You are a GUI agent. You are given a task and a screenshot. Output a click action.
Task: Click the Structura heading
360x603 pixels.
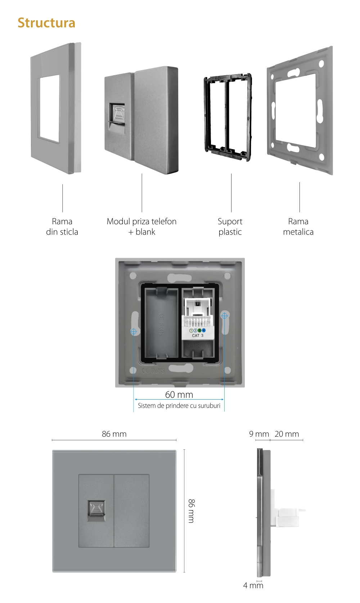point(46,23)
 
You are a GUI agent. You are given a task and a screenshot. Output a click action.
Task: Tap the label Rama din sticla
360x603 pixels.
point(62,226)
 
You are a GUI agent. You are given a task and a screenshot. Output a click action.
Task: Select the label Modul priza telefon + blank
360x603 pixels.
point(141,226)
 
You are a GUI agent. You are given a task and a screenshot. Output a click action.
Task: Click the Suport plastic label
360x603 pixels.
point(230,226)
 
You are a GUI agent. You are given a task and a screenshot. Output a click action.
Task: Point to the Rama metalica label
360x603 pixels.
point(298,226)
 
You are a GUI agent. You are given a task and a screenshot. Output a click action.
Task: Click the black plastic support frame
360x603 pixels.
point(228,117)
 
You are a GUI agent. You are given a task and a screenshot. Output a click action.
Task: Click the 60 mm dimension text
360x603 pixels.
point(179,395)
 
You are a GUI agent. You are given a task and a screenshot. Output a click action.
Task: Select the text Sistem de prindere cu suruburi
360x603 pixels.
point(179,406)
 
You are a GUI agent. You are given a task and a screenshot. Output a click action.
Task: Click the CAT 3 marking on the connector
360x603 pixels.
point(197,336)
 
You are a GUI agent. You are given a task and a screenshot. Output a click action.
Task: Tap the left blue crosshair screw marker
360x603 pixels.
point(134,331)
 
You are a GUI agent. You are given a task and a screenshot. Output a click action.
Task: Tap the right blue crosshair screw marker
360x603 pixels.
point(224,316)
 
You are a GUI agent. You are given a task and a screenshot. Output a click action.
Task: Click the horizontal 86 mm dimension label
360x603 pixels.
point(114,434)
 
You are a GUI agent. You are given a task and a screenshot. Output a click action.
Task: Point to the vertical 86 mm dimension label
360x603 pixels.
point(191,510)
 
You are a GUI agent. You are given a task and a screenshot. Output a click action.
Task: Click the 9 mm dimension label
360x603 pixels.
point(259,434)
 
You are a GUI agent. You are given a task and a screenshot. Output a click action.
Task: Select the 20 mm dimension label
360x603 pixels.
point(287,434)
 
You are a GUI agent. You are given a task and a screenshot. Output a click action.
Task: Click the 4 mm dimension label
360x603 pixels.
point(253,585)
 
